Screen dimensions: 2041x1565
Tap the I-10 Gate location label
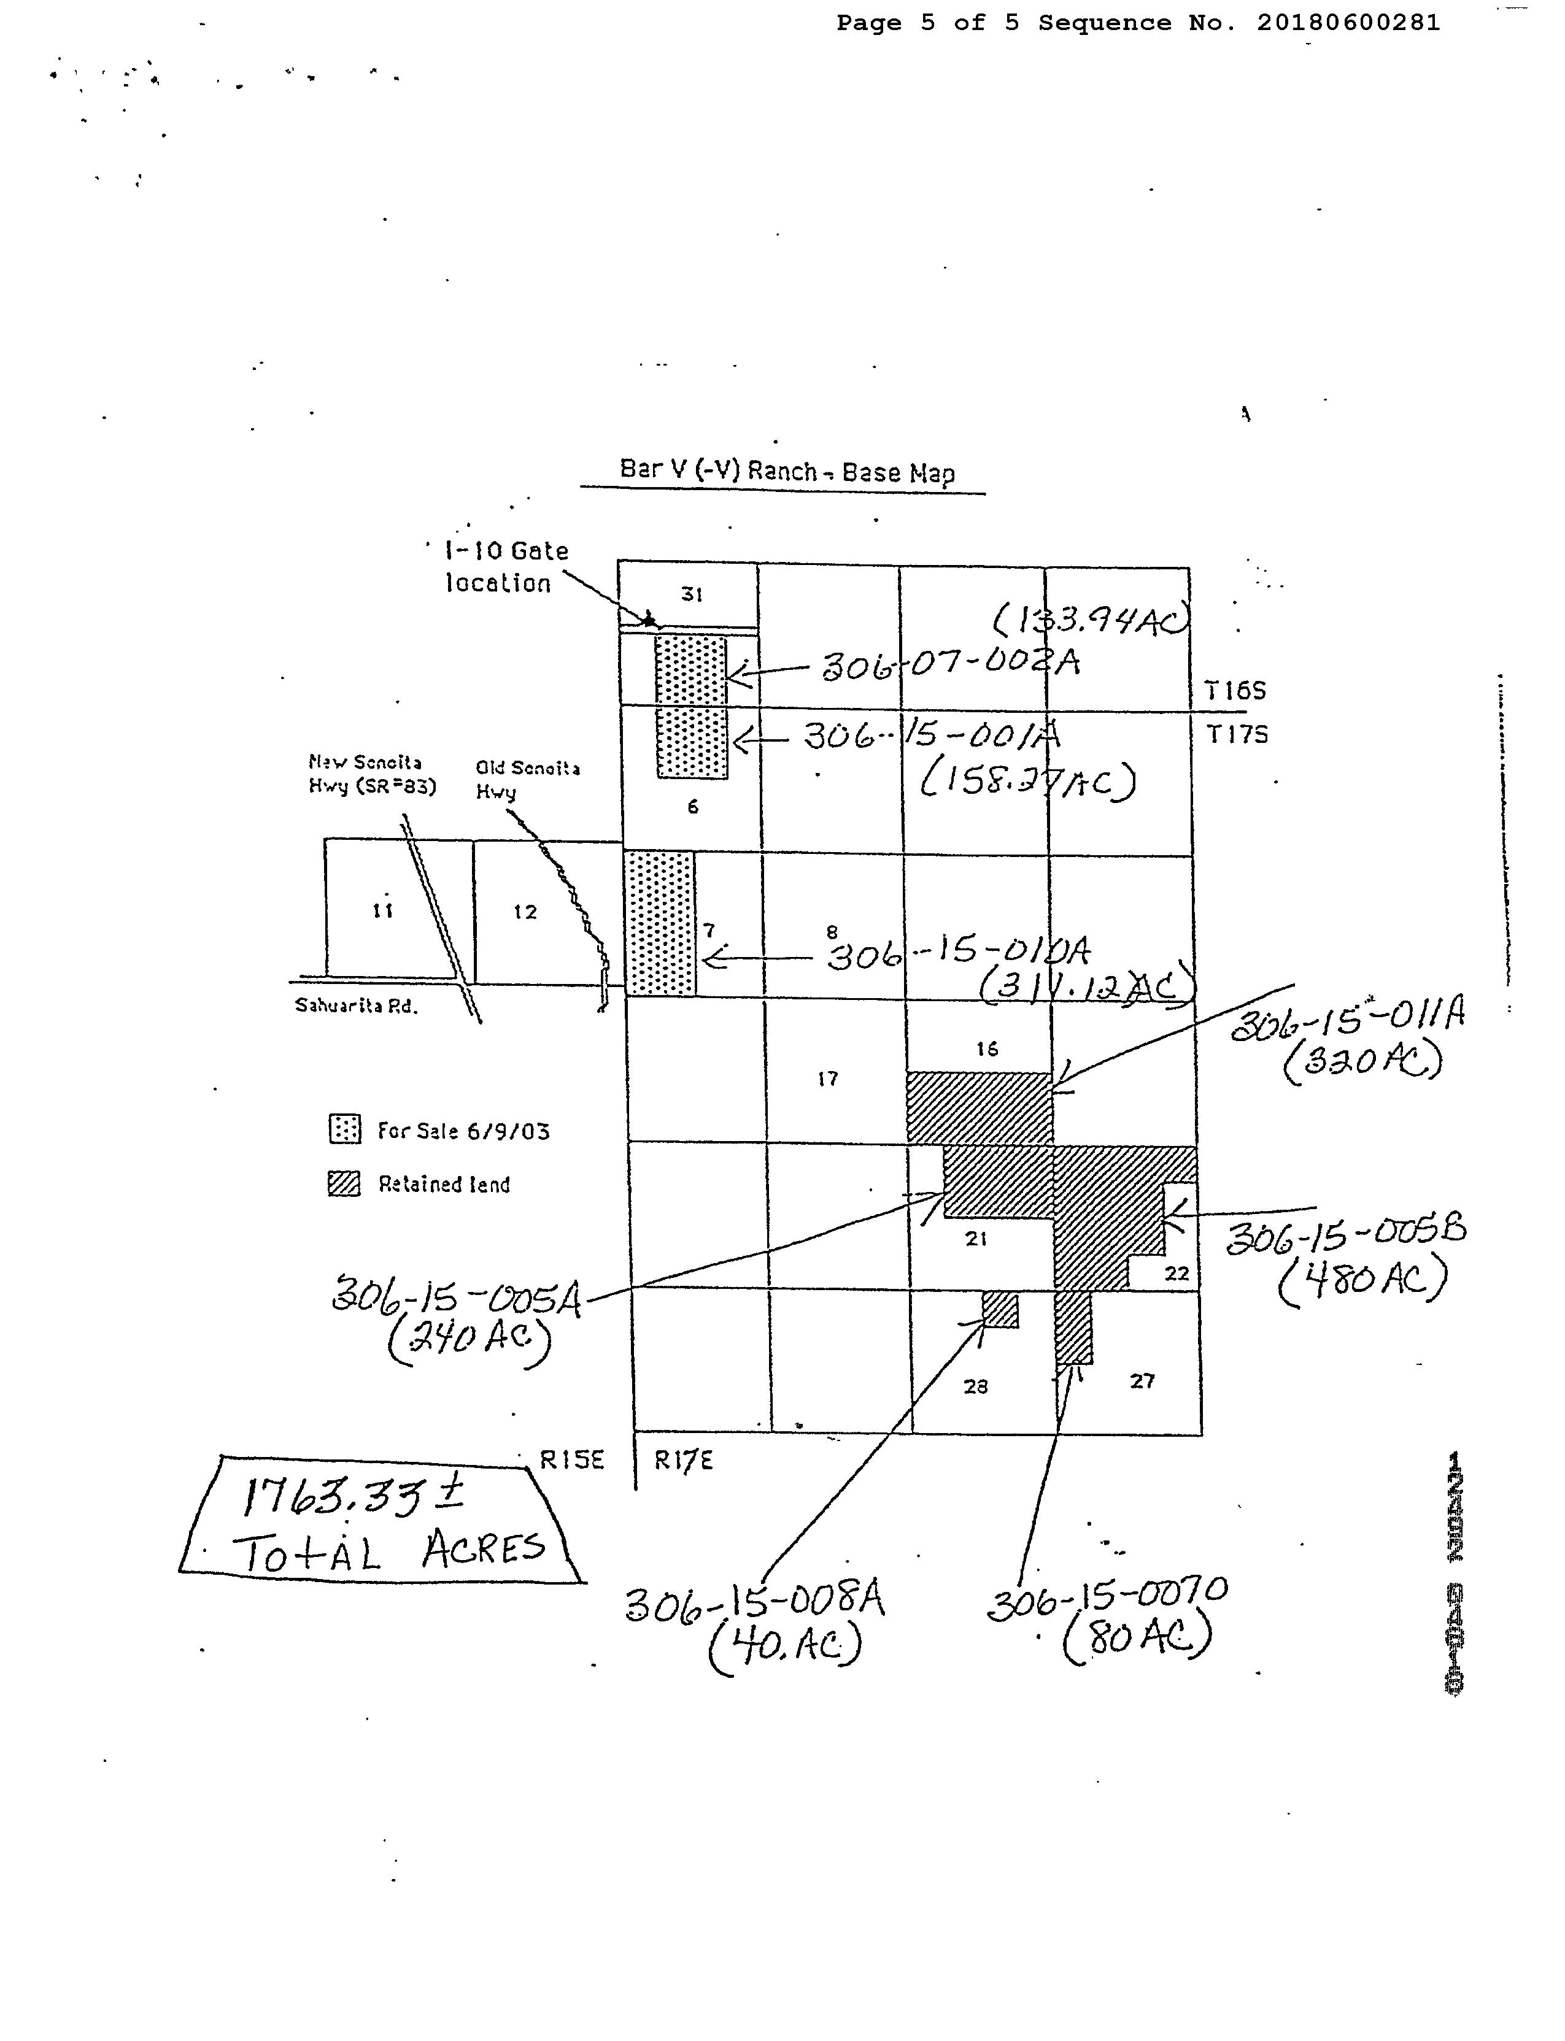505,567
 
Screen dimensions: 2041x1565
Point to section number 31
691,594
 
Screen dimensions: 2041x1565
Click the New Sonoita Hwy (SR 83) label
371,775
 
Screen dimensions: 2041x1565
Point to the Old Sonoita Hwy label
527,778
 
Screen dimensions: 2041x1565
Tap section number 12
525,912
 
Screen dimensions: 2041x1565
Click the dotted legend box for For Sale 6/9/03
345,1129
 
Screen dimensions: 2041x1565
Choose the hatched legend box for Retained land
345,1183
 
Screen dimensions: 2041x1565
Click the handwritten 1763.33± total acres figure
352,1496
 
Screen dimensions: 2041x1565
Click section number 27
1142,1381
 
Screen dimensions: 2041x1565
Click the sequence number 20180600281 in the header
1348,22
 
